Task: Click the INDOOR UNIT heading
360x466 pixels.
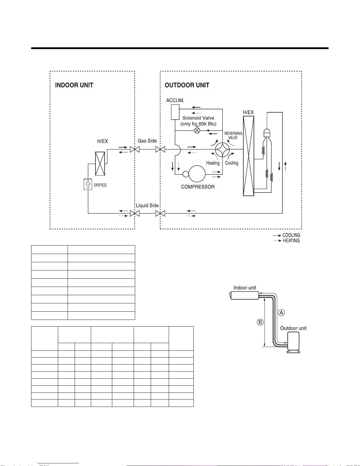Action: pyautogui.click(x=74, y=85)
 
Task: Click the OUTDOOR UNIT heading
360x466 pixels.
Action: pyautogui.click(x=187, y=85)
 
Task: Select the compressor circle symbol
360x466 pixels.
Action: pyautogui.click(x=197, y=174)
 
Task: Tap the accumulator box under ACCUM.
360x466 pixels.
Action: pyautogui.click(x=175, y=112)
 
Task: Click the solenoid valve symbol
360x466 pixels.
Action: pyautogui.click(x=197, y=130)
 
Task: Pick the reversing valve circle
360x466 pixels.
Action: pyautogui.click(x=222, y=149)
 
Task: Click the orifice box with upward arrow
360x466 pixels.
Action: pyautogui.click(x=88, y=184)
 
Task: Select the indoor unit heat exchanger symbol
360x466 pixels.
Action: pyautogui.click(x=100, y=164)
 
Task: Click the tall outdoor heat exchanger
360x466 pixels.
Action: pyautogui.click(x=249, y=156)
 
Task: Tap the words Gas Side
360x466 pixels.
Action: pyautogui.click(x=147, y=141)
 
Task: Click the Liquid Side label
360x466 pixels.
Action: pyautogui.click(x=147, y=206)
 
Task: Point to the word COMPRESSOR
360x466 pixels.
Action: pyautogui.click(x=198, y=187)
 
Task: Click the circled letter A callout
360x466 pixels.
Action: pyautogui.click(x=281, y=313)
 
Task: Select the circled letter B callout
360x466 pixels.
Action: pyautogui.click(x=260, y=322)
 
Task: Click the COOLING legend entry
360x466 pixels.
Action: pyautogui.click(x=287, y=235)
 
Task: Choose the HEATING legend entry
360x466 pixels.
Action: pyautogui.click(x=287, y=240)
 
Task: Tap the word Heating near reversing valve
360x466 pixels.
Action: pyautogui.click(x=213, y=163)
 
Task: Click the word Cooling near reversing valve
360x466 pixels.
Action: pyautogui.click(x=232, y=163)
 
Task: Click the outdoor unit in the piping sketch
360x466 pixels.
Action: pyautogui.click(x=293, y=342)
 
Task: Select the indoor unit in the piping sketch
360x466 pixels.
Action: pyautogui.click(x=244, y=295)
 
